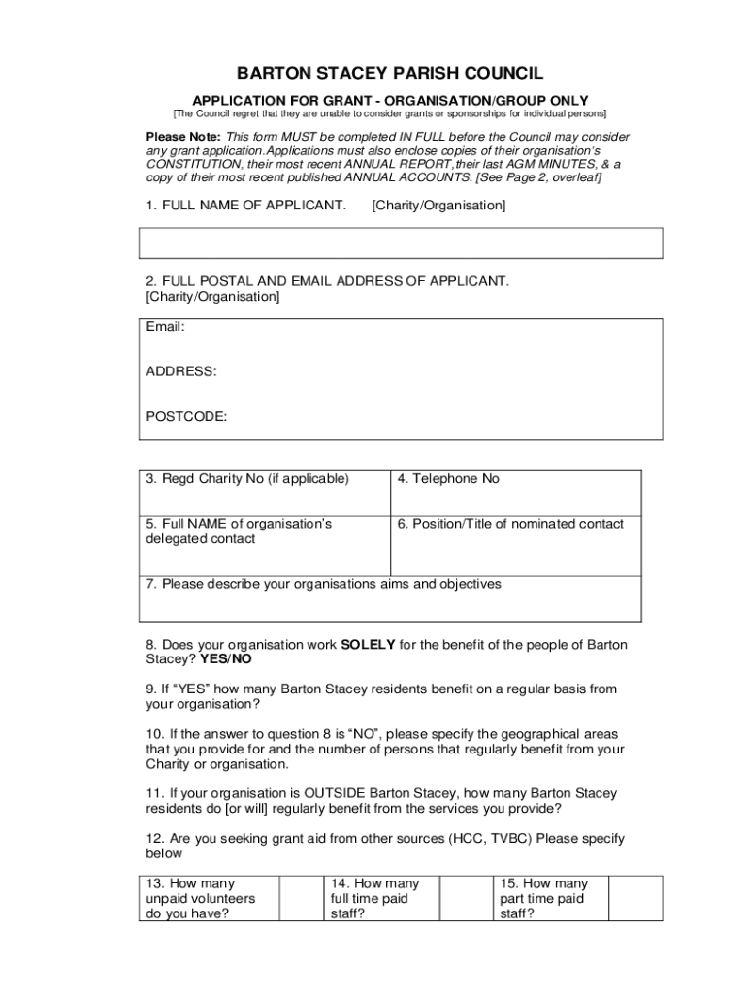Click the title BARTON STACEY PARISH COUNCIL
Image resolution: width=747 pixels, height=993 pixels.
tap(390, 74)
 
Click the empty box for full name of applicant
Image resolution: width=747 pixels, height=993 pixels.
tap(402, 242)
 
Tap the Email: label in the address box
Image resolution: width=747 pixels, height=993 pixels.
tap(165, 327)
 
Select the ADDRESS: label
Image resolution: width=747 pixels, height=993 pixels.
tap(181, 371)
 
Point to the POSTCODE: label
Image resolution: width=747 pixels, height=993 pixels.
tap(187, 416)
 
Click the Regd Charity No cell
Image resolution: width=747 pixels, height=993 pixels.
tap(265, 493)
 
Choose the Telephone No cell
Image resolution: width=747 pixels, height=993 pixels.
tap(515, 493)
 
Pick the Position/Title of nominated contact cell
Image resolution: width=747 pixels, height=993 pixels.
tap(515, 546)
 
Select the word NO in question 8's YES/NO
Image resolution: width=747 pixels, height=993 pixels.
tap(242, 659)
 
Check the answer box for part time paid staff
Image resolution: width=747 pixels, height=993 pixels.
tap(635, 898)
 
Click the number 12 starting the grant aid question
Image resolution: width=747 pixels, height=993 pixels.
tap(153, 838)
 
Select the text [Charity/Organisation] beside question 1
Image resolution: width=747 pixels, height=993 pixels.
tap(438, 206)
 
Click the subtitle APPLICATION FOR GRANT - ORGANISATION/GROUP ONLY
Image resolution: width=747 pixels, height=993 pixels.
tap(390, 100)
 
